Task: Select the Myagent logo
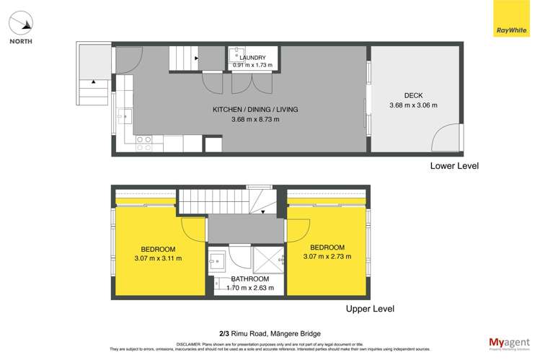coord(509,342)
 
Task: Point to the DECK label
coord(413,95)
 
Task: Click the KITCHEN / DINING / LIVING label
coord(254,110)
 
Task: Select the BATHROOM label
coord(249,278)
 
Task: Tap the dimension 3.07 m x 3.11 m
coord(158,258)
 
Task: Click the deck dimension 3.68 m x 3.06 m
coord(413,105)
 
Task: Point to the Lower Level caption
coord(454,166)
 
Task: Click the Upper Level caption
coord(370,309)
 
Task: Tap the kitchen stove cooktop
coord(143,143)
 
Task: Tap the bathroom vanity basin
coord(218,262)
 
